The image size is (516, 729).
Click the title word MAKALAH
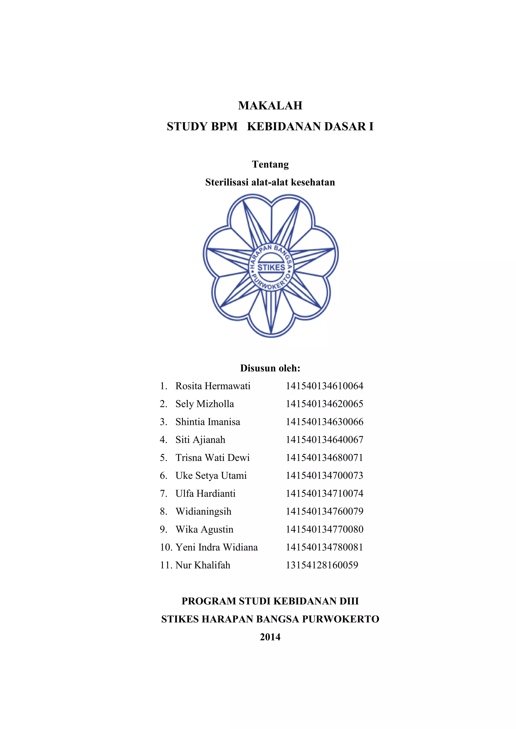[270, 105]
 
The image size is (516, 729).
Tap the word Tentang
[270, 164]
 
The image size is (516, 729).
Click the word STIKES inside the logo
[271, 267]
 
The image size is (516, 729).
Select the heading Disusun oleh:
[270, 368]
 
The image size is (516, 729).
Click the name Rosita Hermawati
[213, 386]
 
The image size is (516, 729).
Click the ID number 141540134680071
[324, 458]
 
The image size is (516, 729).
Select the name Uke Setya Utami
[211, 476]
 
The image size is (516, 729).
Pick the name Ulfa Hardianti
[205, 493]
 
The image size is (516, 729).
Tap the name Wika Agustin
[204, 529]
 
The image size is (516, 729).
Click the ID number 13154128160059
[322, 565]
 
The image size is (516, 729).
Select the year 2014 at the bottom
[270, 637]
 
